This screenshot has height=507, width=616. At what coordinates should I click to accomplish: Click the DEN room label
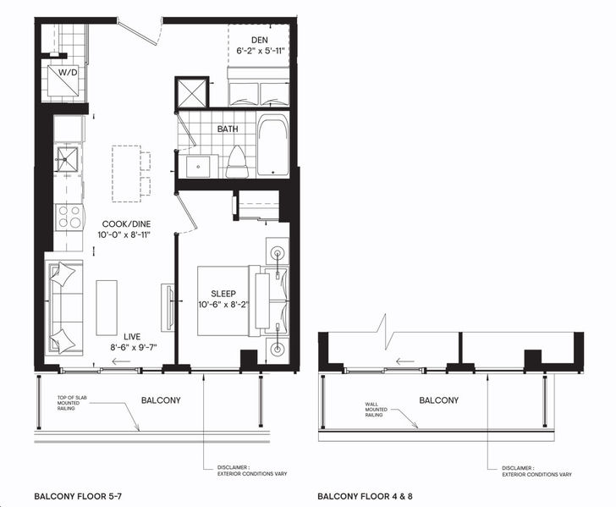coord(260,40)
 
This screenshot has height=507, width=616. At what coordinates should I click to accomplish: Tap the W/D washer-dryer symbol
coord(63,80)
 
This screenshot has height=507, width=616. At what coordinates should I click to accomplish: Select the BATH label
coord(228,129)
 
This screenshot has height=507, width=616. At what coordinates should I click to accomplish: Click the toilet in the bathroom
coord(237,162)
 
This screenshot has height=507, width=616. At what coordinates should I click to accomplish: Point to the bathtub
coord(273,145)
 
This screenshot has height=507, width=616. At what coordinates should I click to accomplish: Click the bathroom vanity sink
coord(198,166)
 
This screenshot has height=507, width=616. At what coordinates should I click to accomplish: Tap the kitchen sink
coord(67,159)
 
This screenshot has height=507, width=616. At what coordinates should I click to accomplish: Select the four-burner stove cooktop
coord(70,218)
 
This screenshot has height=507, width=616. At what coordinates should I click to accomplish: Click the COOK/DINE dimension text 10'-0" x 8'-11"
coord(124,235)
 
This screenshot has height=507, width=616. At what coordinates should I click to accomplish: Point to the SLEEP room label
coord(223,294)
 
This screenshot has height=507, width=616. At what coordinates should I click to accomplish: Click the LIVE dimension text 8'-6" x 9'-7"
coord(134,347)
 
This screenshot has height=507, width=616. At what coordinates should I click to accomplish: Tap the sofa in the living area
coord(65,308)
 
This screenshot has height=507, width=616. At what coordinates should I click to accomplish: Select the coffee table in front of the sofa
coord(107,308)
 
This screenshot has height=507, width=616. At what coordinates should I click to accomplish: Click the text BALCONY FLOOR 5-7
coord(78,496)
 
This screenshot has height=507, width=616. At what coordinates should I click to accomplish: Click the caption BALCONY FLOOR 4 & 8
coord(365,496)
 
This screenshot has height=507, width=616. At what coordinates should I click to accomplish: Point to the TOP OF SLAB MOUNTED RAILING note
coord(72,403)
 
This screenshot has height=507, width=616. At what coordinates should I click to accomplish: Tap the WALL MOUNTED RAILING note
coord(377,410)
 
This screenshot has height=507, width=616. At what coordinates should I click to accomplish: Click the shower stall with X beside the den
coord(192,92)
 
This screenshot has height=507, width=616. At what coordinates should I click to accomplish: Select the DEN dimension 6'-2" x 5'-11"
coord(260,51)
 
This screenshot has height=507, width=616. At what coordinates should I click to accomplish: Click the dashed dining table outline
coord(127,174)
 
